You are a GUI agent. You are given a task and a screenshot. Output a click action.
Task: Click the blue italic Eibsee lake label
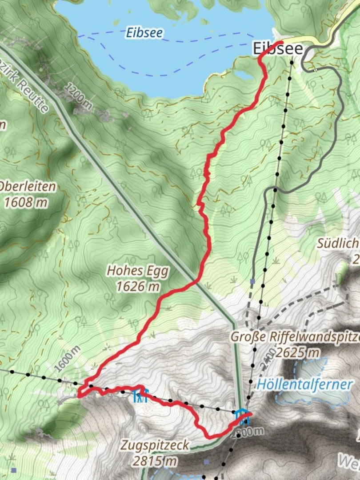144,32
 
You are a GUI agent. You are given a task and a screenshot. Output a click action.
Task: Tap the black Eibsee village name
278,49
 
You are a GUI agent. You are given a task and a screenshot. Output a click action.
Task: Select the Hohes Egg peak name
137,271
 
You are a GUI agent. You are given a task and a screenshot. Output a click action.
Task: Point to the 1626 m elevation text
138,287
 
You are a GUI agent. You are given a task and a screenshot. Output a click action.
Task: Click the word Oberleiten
28,187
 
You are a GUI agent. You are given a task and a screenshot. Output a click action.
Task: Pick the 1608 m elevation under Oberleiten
26,203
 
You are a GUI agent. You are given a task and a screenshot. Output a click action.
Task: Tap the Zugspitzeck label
155,445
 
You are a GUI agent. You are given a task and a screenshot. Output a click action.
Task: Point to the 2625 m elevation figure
297,353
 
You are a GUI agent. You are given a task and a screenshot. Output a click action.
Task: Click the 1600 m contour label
67,359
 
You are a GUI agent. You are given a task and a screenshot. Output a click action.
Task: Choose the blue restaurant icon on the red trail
140,396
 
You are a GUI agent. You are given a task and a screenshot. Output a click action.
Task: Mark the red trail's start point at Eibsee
281,42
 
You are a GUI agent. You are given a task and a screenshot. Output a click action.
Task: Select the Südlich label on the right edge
338,244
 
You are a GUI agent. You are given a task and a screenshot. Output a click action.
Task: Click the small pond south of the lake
244,75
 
